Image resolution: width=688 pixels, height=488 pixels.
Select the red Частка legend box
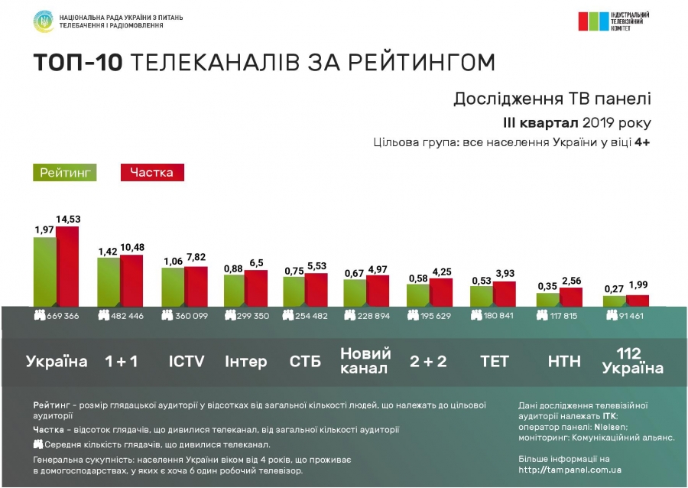pyautogui.click(x=152, y=173)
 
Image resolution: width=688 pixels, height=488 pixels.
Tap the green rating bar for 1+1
pyautogui.click(x=108, y=281)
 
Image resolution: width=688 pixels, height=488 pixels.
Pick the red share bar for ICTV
pyautogui.click(x=196, y=286)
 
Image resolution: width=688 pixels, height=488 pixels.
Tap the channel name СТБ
pyautogui.click(x=306, y=361)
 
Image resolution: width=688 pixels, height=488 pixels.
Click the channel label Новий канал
pyautogui.click(x=365, y=360)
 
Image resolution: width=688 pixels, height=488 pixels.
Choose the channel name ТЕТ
pyautogui.click(x=494, y=361)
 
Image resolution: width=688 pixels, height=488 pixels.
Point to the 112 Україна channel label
pyautogui.click(x=631, y=360)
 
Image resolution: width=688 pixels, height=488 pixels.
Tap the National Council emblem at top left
pyautogui.click(x=43, y=21)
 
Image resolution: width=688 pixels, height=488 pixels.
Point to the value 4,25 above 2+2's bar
pyautogui.click(x=440, y=271)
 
